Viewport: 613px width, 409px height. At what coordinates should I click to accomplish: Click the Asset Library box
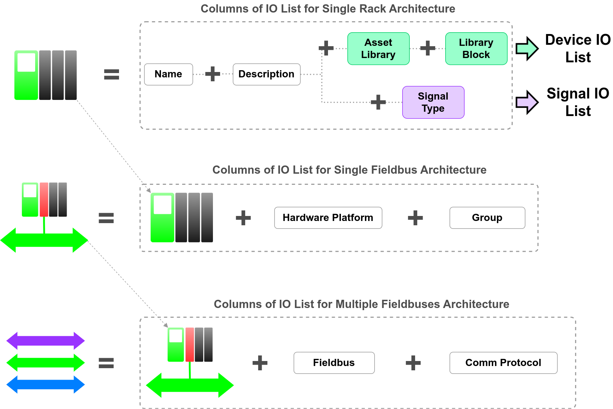tap(378, 49)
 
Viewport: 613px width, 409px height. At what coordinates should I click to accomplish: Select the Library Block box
tap(476, 49)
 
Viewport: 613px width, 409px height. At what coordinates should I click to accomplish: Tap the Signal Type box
tap(433, 102)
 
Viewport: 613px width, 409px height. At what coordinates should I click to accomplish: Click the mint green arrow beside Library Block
tap(527, 48)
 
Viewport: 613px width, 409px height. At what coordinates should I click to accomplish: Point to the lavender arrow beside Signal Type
tap(527, 102)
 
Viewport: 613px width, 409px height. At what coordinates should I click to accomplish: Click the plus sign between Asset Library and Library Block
tap(427, 48)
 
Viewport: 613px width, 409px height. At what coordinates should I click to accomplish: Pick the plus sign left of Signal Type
tap(378, 102)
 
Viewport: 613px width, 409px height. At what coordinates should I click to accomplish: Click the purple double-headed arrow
tap(46, 341)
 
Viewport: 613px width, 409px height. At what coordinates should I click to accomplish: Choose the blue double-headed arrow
tap(46, 384)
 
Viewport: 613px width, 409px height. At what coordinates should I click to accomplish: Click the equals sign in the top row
tap(111, 74)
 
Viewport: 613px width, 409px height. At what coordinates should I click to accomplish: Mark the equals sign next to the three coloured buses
tap(106, 363)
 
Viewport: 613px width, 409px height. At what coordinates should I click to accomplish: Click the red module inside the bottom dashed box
tap(190, 344)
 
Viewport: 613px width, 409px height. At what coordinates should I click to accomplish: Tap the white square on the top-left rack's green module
tap(26, 62)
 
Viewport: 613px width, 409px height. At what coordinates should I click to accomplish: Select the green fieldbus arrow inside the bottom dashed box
tap(190, 385)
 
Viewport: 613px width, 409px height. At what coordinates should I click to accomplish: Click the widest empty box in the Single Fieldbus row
tap(328, 218)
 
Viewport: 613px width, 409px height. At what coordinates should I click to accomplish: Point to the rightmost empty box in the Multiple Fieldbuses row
tap(503, 363)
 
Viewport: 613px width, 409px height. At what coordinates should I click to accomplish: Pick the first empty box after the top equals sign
tap(168, 74)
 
